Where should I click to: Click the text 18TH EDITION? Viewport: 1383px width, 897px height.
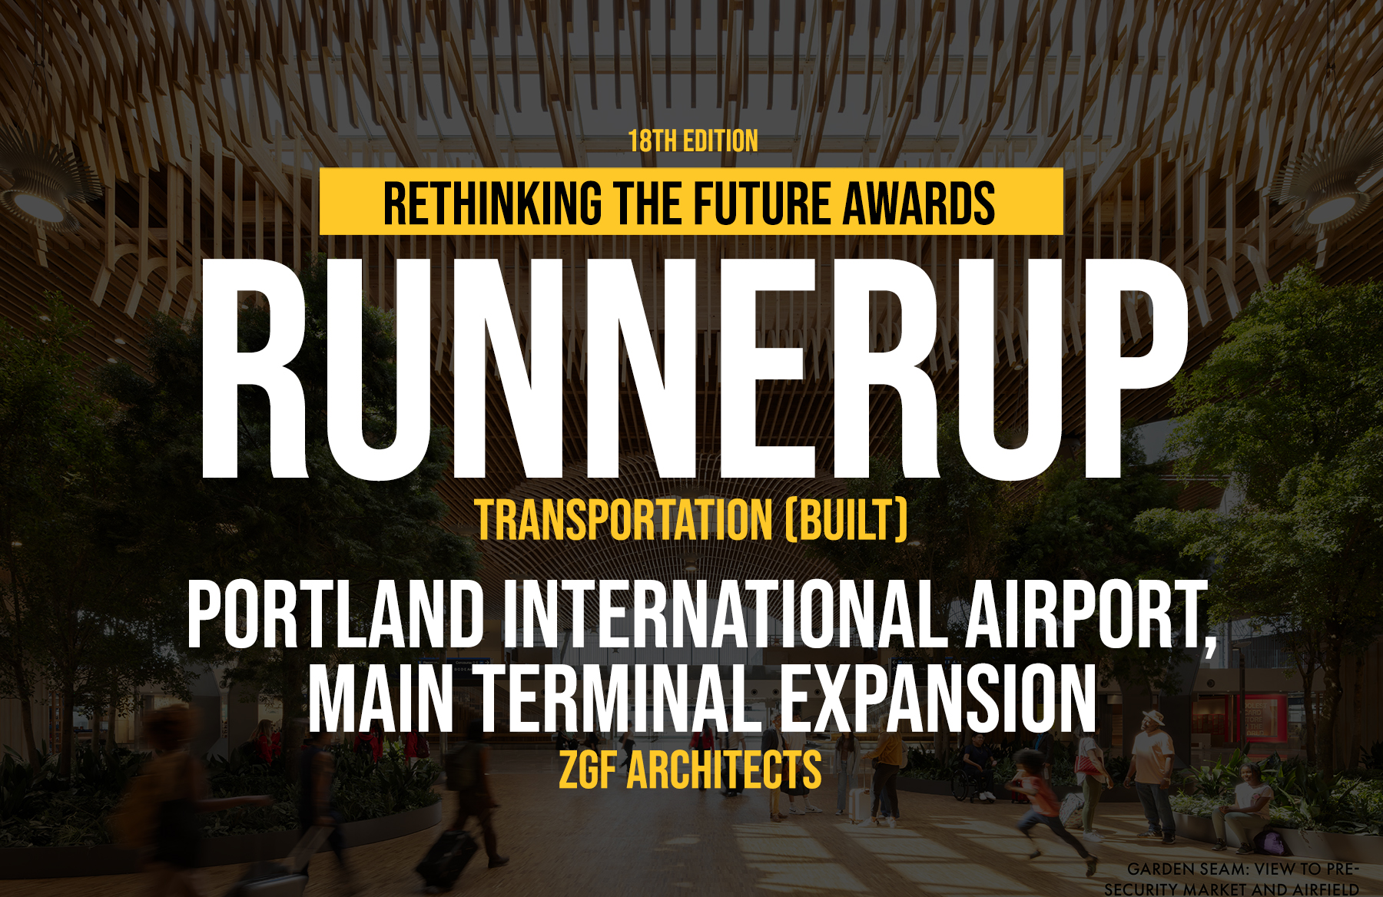693,141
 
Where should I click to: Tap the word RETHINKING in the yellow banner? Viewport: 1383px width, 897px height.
493,203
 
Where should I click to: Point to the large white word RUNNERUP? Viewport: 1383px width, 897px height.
694,369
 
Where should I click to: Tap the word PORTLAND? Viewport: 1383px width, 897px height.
335,614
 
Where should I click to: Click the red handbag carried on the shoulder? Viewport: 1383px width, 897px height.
1087,764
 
